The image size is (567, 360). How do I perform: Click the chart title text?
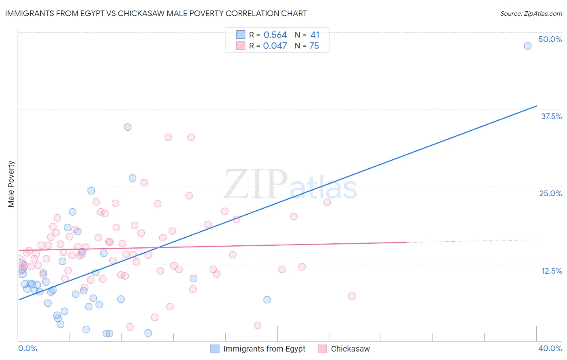pyautogui.click(x=156, y=13)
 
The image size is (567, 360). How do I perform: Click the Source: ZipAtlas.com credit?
pyautogui.click(x=531, y=13)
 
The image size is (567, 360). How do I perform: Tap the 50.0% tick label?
pyautogui.click(x=550, y=39)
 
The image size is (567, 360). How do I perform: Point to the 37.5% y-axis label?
pyautogui.click(x=551, y=116)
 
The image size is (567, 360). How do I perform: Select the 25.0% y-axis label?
pyautogui.click(x=550, y=193)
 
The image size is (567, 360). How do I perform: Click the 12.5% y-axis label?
pyautogui.click(x=551, y=271)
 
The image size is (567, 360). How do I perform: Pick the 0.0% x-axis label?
pyautogui.click(x=27, y=348)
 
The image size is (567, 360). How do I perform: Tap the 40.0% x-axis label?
pyautogui.click(x=550, y=348)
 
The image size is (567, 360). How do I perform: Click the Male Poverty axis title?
pyautogui.click(x=11, y=184)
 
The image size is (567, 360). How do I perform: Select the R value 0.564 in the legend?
pyautogui.click(x=275, y=35)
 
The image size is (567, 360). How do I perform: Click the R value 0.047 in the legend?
pyautogui.click(x=275, y=46)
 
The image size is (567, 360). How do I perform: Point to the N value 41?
pyautogui.click(x=315, y=35)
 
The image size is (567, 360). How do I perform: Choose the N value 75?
pyautogui.click(x=314, y=46)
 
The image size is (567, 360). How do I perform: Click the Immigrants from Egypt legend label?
pyautogui.click(x=264, y=349)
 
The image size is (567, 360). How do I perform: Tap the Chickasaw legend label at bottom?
pyautogui.click(x=350, y=349)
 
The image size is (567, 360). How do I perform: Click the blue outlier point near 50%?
pyautogui.click(x=527, y=46)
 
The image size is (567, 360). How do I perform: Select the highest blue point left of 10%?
pyautogui.click(x=127, y=127)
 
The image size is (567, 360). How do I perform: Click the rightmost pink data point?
pyautogui.click(x=352, y=296)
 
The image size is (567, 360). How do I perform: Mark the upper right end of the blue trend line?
pyautogui.click(x=536, y=106)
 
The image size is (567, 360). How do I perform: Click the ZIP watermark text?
pyautogui.click(x=256, y=185)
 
